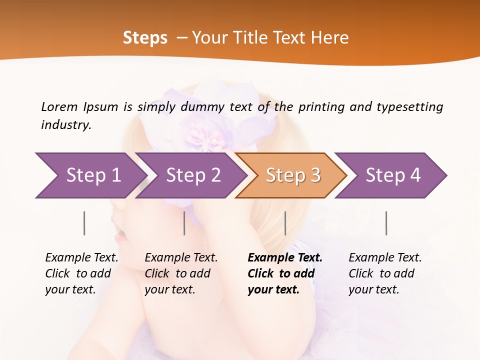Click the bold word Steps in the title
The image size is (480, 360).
point(145,38)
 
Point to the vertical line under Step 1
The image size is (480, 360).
point(84,223)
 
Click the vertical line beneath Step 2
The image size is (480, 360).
point(184,223)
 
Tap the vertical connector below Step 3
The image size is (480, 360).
point(285,223)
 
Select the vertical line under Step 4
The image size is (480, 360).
point(386,223)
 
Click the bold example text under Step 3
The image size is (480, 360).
point(285,273)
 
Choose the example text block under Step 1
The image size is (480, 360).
point(81,273)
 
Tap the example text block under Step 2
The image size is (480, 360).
point(181,273)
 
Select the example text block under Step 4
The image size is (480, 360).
point(385,273)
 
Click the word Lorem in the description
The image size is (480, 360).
point(59,106)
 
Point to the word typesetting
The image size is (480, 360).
point(409,106)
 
